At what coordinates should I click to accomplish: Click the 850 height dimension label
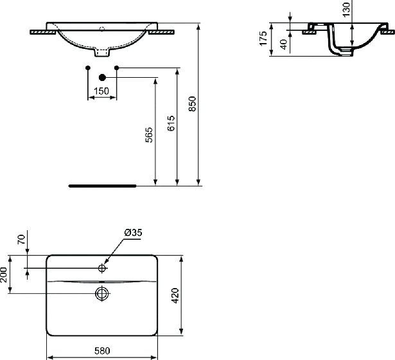click(x=192, y=104)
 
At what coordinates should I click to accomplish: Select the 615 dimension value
click(x=171, y=123)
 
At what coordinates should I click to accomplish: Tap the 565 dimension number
click(x=149, y=135)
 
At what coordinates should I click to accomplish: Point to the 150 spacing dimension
click(x=101, y=91)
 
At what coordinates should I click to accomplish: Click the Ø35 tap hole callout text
click(x=133, y=233)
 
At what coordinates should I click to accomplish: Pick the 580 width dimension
click(x=102, y=350)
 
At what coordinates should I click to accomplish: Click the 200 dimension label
click(x=3, y=274)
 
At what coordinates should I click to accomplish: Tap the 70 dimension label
click(x=21, y=239)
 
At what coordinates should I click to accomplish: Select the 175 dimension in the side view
click(x=263, y=39)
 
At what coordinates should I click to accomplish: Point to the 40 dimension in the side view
click(x=284, y=44)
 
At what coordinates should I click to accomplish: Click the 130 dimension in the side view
click(x=347, y=10)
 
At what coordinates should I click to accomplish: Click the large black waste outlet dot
click(x=102, y=78)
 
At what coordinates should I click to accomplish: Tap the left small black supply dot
click(x=88, y=67)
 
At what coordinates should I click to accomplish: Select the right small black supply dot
click(x=116, y=67)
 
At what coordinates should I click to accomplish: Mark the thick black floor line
click(x=102, y=186)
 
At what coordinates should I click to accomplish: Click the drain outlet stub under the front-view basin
click(x=102, y=52)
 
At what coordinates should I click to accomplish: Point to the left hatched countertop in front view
click(x=43, y=32)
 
